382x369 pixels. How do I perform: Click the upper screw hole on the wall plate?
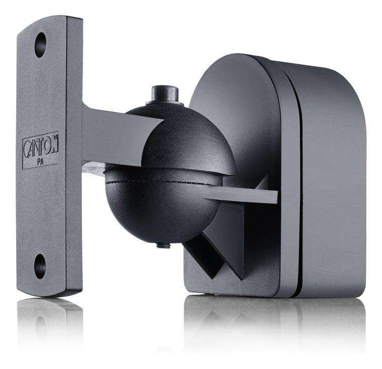pyautogui.click(x=40, y=45)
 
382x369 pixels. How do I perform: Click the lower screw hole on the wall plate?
pyautogui.click(x=40, y=266)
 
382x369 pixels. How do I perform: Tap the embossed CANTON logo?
pyautogui.click(x=41, y=146)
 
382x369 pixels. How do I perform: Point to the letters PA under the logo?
pyautogui.click(x=40, y=162)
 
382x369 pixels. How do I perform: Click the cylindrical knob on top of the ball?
pyautogui.click(x=165, y=95)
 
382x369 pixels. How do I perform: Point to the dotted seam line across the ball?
pyautogui.click(x=158, y=183)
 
